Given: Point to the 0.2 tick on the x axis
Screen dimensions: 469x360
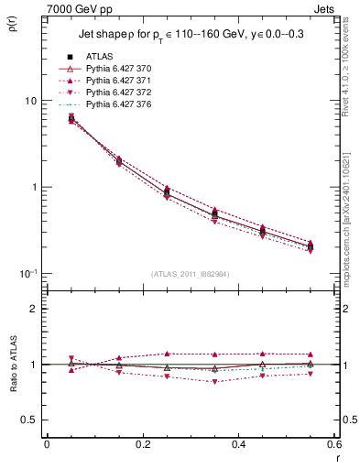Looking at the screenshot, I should pos(142,445).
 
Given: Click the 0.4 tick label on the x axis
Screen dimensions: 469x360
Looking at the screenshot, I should pos(238,445).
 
